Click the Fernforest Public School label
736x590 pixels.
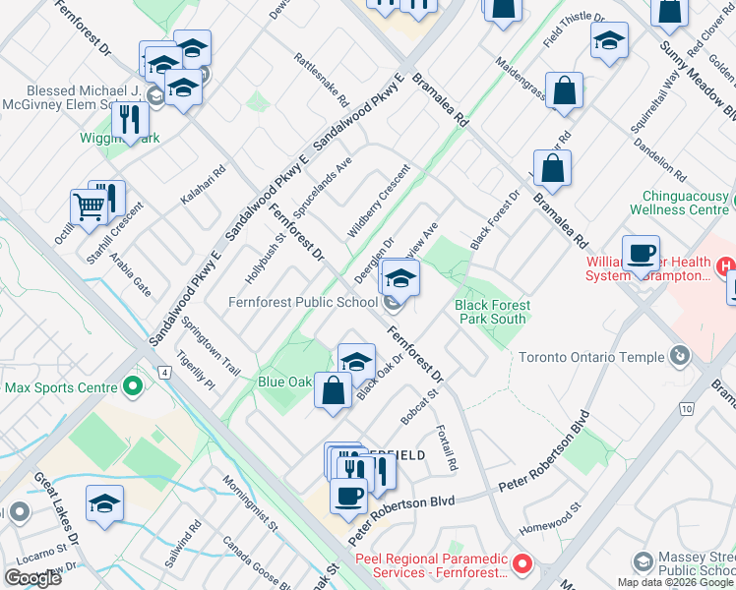pyautogui.click(x=302, y=302)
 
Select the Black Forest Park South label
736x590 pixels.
pyautogui.click(x=491, y=312)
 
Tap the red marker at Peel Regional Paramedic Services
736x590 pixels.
pyautogui.click(x=522, y=565)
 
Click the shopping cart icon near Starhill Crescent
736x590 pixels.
pyautogui.click(x=89, y=207)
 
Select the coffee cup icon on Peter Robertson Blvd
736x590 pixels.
pyautogui.click(x=348, y=496)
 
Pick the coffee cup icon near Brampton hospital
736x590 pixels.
pyautogui.click(x=641, y=254)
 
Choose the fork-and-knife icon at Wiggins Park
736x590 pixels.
pyautogui.click(x=130, y=121)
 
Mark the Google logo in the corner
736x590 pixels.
pyautogui.click(x=32, y=578)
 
